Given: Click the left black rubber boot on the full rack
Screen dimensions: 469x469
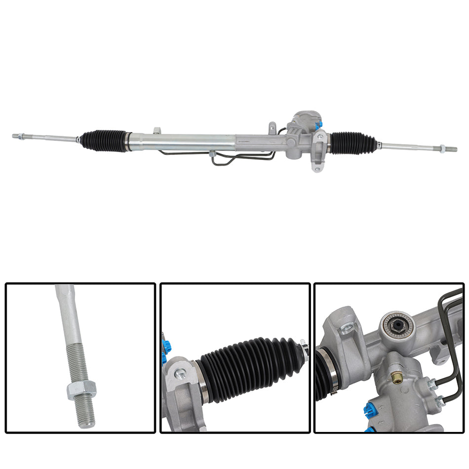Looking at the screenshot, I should pos(104,141).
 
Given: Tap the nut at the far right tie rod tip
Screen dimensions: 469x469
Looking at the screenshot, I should pos(442,149).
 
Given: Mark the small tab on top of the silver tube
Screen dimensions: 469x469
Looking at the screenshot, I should pos(156,130).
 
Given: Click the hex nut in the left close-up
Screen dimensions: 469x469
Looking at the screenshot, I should pos(81,391).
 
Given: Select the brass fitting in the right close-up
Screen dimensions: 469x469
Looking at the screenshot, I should pos(395,378).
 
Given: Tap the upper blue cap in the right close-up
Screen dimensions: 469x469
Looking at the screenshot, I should pos(367,409).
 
